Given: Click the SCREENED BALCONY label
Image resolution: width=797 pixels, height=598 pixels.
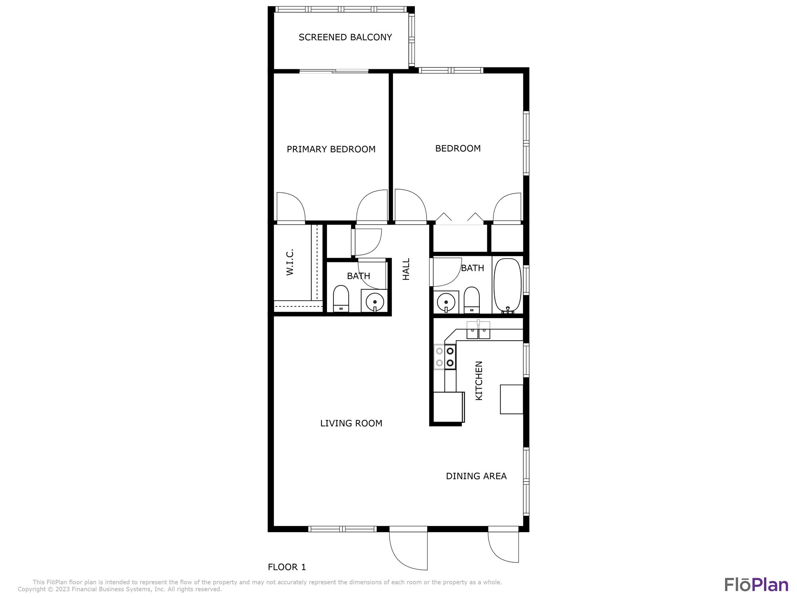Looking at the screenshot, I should pyautogui.click(x=345, y=37).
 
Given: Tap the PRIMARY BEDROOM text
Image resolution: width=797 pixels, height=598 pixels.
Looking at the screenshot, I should pyautogui.click(x=331, y=149).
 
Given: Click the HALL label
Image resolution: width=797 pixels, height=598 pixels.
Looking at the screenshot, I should pyautogui.click(x=406, y=269).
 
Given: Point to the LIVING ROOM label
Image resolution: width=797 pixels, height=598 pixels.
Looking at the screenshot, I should pyautogui.click(x=351, y=423).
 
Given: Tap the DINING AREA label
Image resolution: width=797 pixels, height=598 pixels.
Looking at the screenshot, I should pyautogui.click(x=476, y=476).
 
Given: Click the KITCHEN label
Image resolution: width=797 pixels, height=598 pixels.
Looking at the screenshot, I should pyautogui.click(x=479, y=380).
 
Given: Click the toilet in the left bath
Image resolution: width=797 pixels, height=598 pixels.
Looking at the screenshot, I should pyautogui.click(x=341, y=298).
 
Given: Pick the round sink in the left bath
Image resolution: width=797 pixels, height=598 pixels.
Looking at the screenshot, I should pyautogui.click(x=374, y=301).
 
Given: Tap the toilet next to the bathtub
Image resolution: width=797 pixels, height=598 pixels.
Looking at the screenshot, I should pyautogui.click(x=472, y=300).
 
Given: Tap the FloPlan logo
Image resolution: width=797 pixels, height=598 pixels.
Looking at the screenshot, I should pyautogui.click(x=756, y=584).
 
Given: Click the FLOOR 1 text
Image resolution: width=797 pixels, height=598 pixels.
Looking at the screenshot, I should pyautogui.click(x=287, y=567).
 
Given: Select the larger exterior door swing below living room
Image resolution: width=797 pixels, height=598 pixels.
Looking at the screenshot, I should pyautogui.click(x=409, y=549).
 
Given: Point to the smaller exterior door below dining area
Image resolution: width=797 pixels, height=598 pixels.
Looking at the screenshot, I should pyautogui.click(x=504, y=545).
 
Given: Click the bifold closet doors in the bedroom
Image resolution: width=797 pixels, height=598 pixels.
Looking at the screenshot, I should pyautogui.click(x=459, y=219).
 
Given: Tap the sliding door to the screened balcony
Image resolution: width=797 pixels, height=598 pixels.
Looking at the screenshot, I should pyautogui.click(x=334, y=71).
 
